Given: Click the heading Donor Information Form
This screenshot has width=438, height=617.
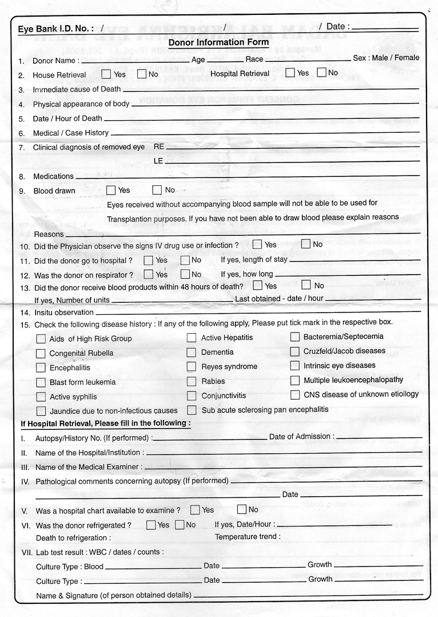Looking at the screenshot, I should (218, 42).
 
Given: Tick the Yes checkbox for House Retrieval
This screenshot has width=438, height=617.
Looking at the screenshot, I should (106, 74).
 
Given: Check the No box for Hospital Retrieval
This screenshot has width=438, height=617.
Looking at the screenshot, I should (321, 73).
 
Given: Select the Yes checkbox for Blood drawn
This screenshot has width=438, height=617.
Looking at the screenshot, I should (111, 190).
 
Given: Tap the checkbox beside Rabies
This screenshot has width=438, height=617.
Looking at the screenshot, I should (192, 381).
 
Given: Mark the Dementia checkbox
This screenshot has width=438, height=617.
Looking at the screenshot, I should (192, 352).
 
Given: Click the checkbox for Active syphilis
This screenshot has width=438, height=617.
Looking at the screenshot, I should (41, 397).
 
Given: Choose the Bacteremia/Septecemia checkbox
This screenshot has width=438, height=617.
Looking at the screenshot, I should (294, 337).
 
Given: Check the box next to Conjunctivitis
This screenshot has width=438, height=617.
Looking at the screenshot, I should (192, 395).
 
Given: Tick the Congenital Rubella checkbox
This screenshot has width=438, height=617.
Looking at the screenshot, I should (41, 353).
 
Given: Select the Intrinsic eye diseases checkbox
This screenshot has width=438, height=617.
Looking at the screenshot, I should (294, 365).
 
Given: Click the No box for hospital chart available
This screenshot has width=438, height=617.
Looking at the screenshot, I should (241, 509).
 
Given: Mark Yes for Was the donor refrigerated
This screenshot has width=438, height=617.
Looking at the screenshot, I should (151, 524).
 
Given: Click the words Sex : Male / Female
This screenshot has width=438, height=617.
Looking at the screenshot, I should (386, 58).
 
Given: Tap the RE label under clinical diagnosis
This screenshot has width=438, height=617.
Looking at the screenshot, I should (159, 147).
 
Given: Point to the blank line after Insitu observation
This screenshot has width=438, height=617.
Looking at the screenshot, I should (257, 312).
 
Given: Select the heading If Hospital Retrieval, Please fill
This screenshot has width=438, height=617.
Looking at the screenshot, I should (106, 424).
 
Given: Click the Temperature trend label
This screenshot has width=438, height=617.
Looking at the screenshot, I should (248, 537).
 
